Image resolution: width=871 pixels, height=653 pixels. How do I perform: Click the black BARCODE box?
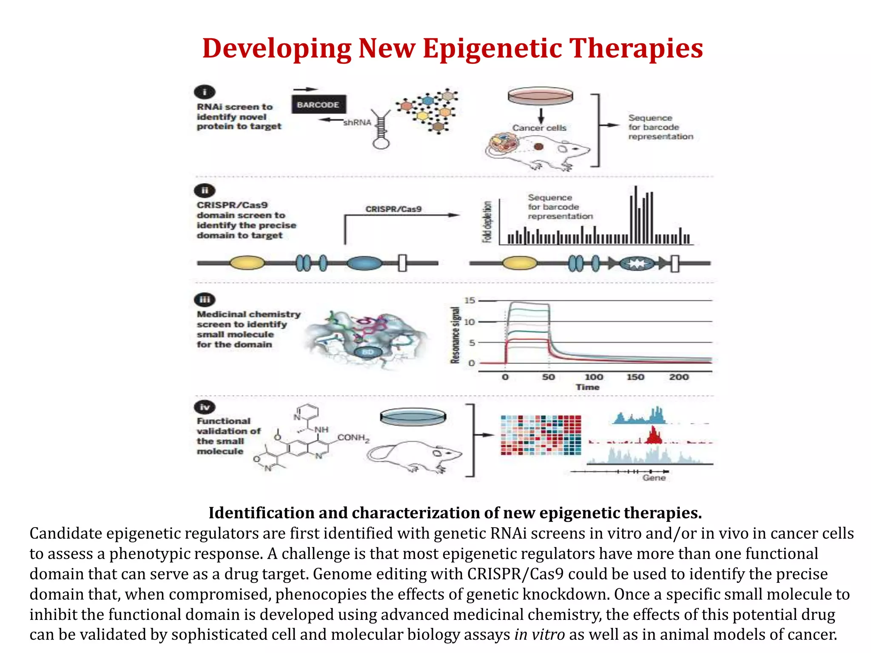(319, 105)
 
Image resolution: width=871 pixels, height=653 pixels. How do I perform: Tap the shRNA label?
(357, 122)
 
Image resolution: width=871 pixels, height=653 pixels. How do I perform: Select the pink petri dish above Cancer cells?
(540, 97)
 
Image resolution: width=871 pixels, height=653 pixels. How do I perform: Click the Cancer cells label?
(539, 128)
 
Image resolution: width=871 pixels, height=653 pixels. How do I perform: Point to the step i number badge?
(205, 92)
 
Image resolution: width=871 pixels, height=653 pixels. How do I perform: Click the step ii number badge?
(205, 190)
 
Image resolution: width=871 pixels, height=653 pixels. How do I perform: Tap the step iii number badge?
(205, 300)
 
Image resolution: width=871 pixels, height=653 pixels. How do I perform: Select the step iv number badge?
(205, 407)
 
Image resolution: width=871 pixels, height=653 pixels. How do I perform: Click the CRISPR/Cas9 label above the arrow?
(393, 209)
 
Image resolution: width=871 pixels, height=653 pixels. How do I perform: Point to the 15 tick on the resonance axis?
(470, 301)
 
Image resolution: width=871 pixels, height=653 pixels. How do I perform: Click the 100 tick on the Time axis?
(594, 377)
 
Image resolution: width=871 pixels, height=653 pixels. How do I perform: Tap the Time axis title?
(587, 387)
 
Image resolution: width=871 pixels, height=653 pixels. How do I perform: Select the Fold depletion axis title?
(487, 221)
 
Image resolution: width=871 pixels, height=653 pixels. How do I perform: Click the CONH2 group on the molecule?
(353, 438)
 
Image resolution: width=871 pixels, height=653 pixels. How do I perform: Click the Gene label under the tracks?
(654, 478)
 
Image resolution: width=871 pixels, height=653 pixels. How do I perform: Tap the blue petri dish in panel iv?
(413, 417)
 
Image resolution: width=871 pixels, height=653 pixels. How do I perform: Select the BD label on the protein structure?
(367, 352)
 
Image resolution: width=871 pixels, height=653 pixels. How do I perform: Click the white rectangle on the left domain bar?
(402, 263)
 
